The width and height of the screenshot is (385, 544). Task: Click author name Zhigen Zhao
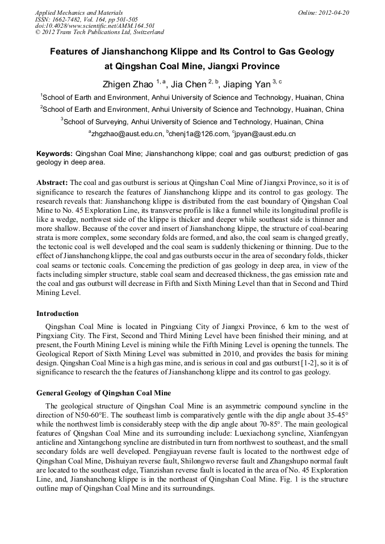click(128, 85)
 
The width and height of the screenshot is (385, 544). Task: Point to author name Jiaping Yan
click(246, 85)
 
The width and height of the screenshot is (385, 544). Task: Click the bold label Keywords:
click(55, 154)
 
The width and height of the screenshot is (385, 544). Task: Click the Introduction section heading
click(57, 313)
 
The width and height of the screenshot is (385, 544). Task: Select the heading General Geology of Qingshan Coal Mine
click(103, 393)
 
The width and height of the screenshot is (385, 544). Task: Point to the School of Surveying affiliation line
click(192, 121)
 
